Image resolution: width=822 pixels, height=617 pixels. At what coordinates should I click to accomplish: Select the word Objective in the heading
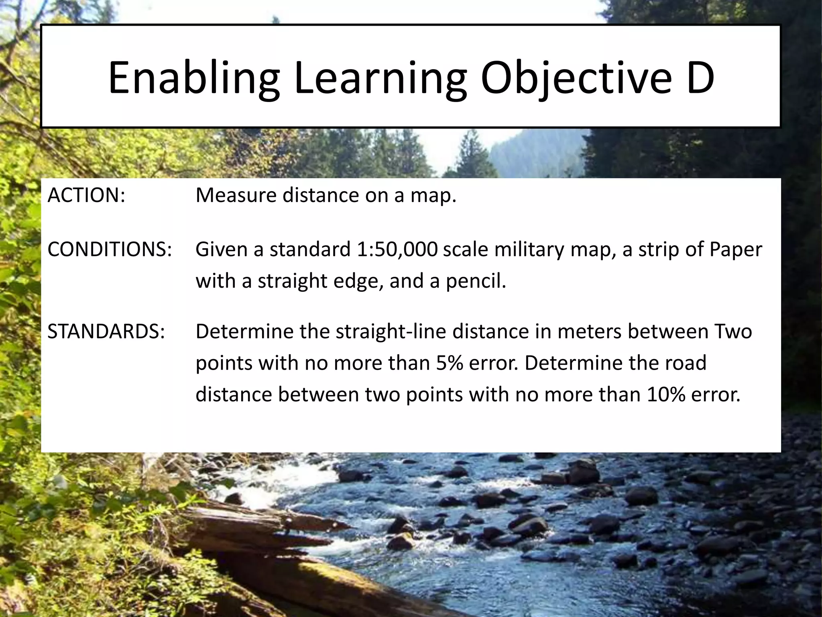click(576, 78)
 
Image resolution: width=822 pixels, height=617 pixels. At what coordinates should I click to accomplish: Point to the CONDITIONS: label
click(110, 249)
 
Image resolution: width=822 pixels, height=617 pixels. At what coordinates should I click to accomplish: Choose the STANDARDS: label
click(106, 332)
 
